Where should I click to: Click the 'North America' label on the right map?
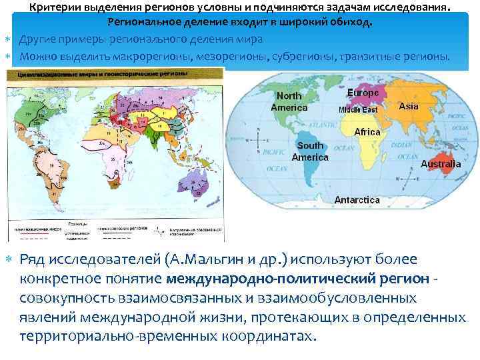coord(289,102)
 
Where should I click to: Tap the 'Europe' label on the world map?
coord(363,93)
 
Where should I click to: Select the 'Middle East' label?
coord(358,109)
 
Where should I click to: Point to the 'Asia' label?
coord(408,106)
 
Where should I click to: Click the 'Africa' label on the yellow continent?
coord(367,132)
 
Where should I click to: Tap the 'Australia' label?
coord(441,163)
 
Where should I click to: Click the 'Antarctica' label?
coord(357,199)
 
